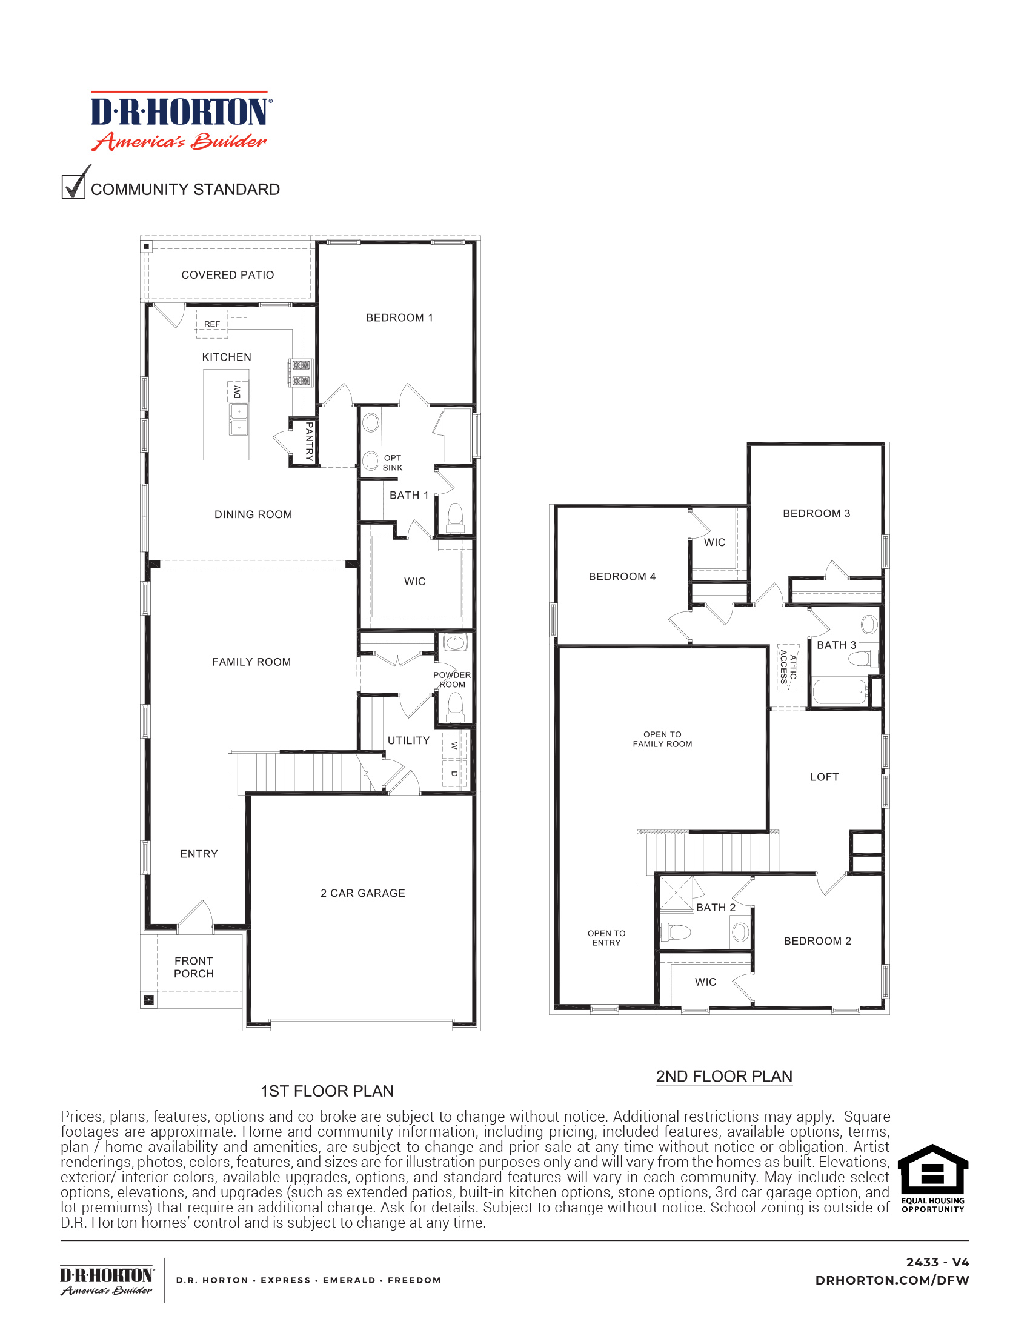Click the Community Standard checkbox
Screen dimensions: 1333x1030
click(x=73, y=186)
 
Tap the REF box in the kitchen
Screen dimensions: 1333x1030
click(x=211, y=324)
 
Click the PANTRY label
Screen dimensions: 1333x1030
click(x=310, y=440)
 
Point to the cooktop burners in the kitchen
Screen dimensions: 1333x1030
click(x=300, y=373)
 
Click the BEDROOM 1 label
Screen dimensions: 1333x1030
click(x=399, y=317)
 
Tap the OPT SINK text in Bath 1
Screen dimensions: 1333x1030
click(x=393, y=463)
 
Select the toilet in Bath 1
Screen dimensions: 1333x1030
click(x=455, y=517)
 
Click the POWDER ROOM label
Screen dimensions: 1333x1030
click(x=451, y=679)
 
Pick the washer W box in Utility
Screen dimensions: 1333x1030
click(x=454, y=746)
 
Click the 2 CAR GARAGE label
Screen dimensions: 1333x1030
click(x=362, y=893)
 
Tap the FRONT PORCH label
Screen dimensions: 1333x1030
click(x=193, y=967)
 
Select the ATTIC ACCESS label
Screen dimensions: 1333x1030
click(x=788, y=667)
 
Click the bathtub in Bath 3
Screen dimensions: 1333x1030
click(x=840, y=692)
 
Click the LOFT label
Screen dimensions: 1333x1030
click(x=825, y=777)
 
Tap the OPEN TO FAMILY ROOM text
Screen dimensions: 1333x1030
click(x=662, y=739)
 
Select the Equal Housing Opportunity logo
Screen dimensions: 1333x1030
click(x=932, y=1178)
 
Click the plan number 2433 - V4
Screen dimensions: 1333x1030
click(x=937, y=1262)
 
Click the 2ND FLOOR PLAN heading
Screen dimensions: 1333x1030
click(x=723, y=1076)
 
